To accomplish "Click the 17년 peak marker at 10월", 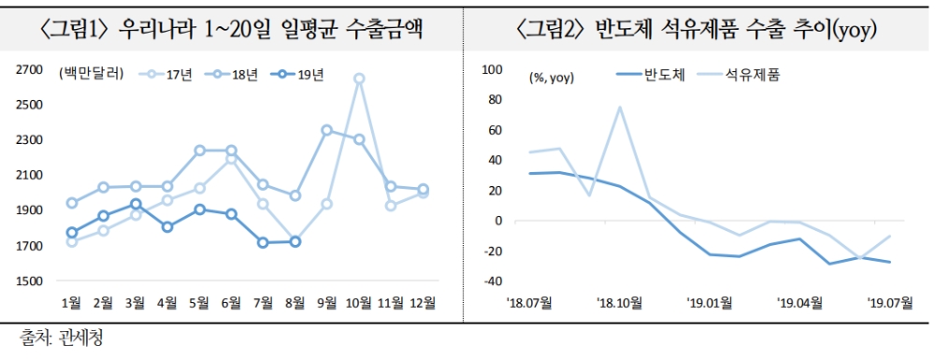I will [x=359, y=79].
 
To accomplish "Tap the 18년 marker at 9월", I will [x=327, y=130].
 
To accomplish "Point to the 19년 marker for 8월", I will [x=295, y=241].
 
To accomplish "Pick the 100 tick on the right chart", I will [x=491, y=69].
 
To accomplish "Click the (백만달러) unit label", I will [x=90, y=74].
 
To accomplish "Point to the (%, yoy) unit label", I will [x=552, y=78].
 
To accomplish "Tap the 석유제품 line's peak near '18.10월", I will [x=620, y=107].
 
